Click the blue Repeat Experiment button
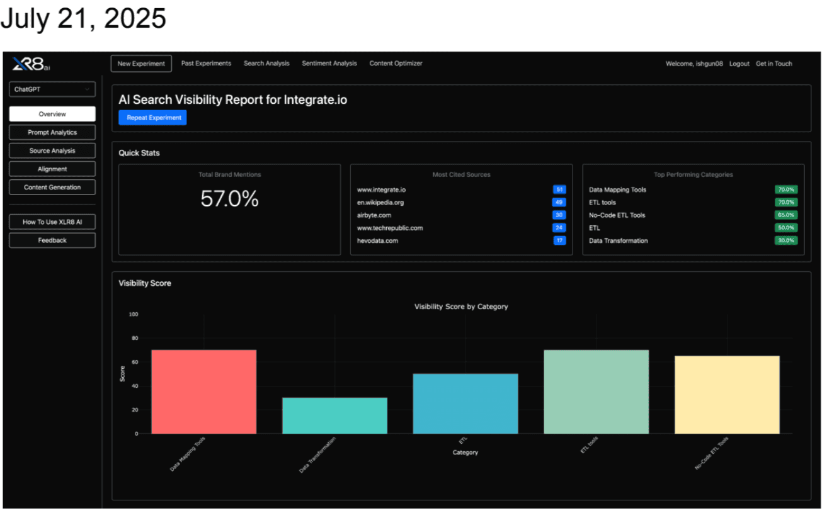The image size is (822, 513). click(x=153, y=118)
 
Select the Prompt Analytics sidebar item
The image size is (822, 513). click(x=52, y=132)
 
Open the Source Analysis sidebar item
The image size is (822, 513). click(x=52, y=150)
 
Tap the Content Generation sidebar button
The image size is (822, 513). click(x=52, y=187)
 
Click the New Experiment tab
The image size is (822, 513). click(x=141, y=64)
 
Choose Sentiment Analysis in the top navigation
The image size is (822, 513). click(x=329, y=64)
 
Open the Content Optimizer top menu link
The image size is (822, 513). click(x=396, y=64)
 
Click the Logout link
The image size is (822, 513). click(x=739, y=64)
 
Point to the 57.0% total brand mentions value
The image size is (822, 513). click(x=229, y=199)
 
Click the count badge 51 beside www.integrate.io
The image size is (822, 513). click(x=559, y=189)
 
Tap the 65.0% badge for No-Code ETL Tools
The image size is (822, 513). click(x=786, y=215)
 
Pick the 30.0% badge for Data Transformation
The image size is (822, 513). click(x=786, y=240)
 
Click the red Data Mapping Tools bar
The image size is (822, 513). click(x=203, y=392)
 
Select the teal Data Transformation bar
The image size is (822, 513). click(x=334, y=415)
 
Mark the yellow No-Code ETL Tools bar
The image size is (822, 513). click(x=727, y=395)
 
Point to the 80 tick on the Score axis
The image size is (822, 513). click(x=134, y=338)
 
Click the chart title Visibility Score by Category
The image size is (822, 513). click(x=461, y=307)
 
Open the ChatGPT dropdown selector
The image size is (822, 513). click(x=52, y=89)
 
